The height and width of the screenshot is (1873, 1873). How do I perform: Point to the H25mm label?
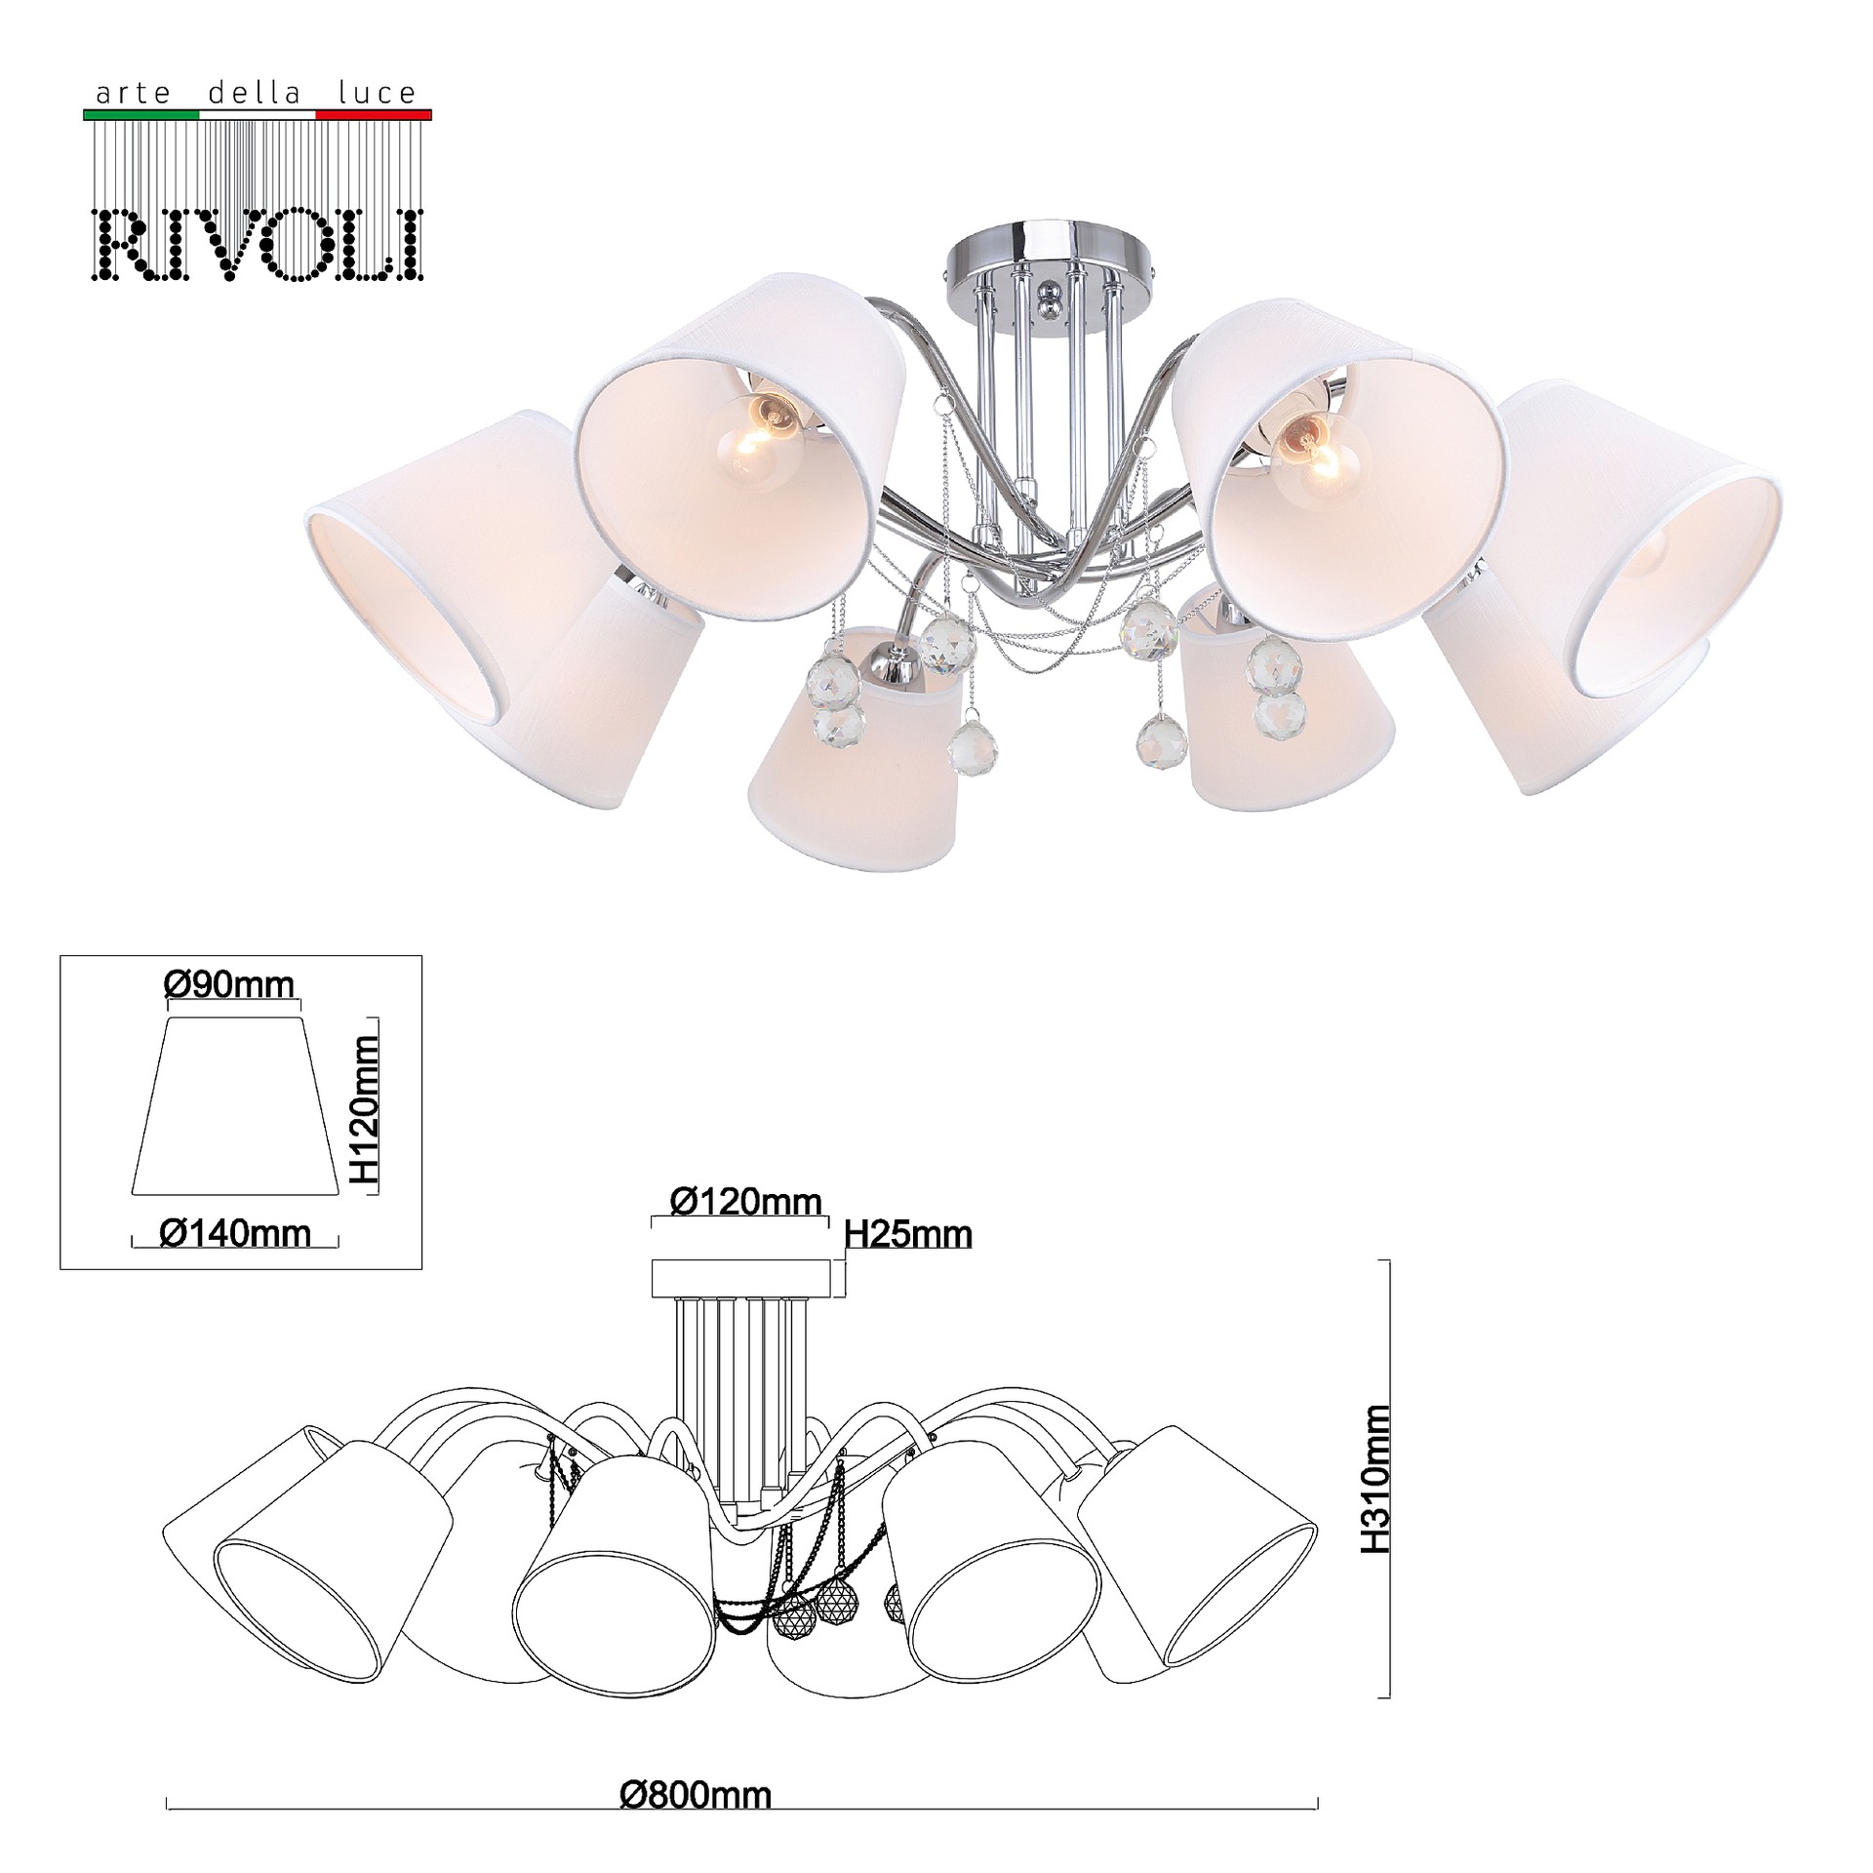point(908,1235)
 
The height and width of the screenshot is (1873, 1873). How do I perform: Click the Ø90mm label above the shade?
point(229,985)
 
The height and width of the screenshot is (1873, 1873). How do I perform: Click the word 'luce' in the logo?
point(378,93)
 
